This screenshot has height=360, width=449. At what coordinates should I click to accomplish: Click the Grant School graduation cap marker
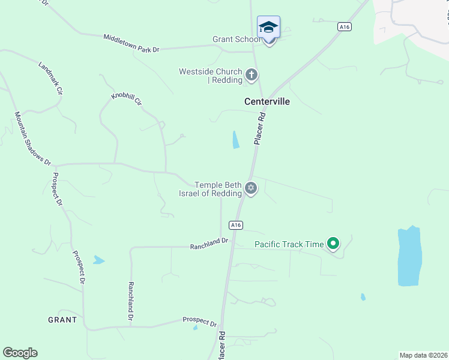click(268, 28)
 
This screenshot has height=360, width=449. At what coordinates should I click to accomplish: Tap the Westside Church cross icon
click(252, 76)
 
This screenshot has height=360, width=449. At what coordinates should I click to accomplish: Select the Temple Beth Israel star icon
click(252, 188)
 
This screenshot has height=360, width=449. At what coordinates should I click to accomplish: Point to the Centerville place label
click(267, 101)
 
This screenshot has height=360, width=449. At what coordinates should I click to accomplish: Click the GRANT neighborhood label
click(62, 320)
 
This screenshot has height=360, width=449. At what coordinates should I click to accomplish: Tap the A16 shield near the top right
click(343, 26)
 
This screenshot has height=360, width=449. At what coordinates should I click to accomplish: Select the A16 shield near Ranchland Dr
click(236, 225)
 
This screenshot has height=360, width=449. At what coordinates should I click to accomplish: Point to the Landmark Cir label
click(50, 79)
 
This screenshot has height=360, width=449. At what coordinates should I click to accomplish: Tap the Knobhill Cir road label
click(126, 100)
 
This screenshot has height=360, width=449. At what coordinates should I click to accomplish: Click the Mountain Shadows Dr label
click(33, 139)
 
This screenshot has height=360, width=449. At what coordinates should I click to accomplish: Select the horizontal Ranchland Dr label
click(209, 244)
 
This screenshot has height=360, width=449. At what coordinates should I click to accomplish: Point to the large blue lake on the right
click(409, 256)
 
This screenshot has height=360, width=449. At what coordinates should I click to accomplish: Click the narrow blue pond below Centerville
click(235, 140)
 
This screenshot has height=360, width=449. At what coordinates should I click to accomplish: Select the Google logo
click(20, 353)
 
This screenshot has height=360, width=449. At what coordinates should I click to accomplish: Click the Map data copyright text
click(423, 355)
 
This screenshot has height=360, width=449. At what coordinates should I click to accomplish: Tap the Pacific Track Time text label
click(289, 244)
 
